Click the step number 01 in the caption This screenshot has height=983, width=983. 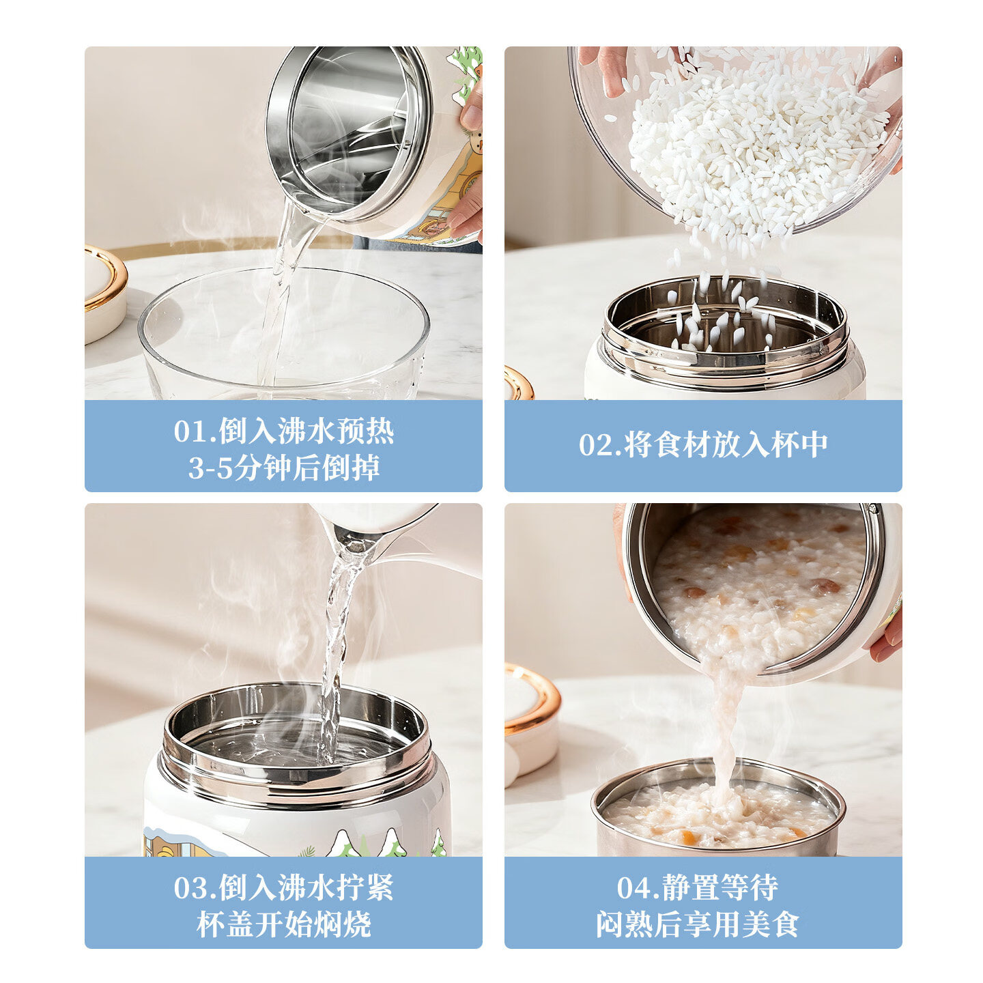[188, 431]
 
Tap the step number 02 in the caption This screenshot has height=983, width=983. [594, 445]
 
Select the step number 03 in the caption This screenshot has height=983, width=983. [188, 888]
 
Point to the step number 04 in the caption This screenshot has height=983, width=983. [631, 888]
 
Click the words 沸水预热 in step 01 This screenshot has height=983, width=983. [335, 431]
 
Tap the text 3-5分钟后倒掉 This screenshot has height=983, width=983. [284, 468]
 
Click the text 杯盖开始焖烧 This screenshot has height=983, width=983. [283, 924]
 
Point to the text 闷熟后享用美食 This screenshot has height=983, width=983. [698, 924]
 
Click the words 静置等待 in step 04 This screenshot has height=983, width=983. [720, 888]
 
